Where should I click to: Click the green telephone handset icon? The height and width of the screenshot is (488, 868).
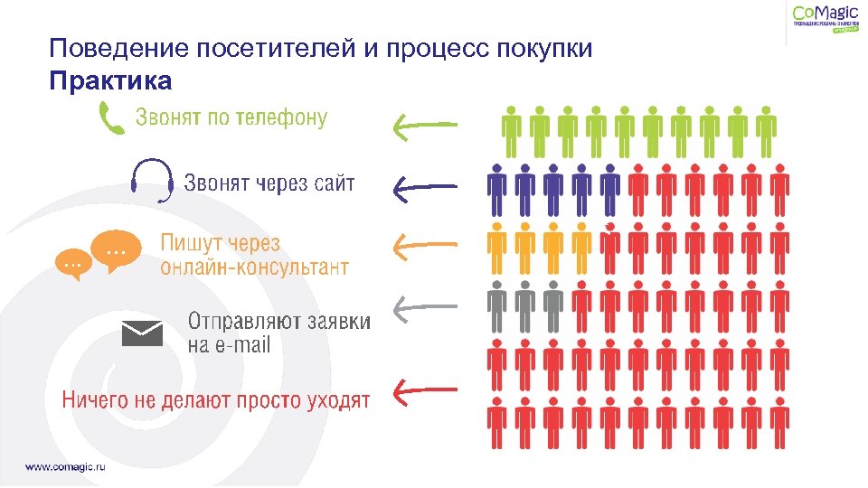pyautogui.click(x=111, y=118)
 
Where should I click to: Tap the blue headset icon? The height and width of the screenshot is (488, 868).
pyautogui.click(x=152, y=181)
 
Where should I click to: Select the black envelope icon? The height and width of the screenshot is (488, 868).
pyautogui.click(x=142, y=333)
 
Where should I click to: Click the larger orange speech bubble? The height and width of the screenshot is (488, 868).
pyautogui.click(x=116, y=250)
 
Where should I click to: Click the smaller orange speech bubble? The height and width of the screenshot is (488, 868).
pyautogui.click(x=72, y=264)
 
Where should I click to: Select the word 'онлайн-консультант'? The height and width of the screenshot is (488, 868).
pyautogui.click(x=255, y=267)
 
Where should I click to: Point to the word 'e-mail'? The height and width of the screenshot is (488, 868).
pyautogui.click(x=242, y=344)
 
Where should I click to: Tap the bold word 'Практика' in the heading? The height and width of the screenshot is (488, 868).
pyautogui.click(x=110, y=81)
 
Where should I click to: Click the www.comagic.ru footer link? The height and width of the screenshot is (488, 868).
pyautogui.click(x=71, y=466)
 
